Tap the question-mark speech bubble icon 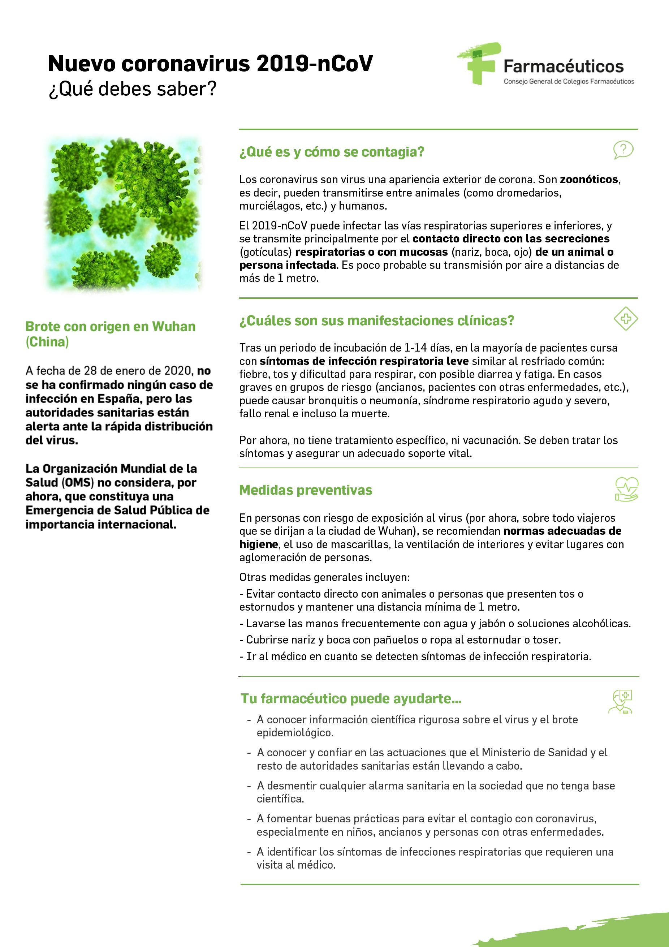coord(623,149)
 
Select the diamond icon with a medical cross coord(625,318)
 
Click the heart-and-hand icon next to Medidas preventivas coord(626,489)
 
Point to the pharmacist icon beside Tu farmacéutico coord(621,702)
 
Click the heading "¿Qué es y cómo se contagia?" coord(332,152)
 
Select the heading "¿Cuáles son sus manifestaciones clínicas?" coord(376,320)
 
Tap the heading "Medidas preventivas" coord(306,490)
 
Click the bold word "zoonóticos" coord(588,180)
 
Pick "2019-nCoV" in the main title coord(314,64)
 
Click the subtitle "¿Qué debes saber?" coord(133,89)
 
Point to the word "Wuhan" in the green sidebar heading coord(174,326)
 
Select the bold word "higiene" coord(258,544)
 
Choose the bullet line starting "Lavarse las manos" coord(435,623)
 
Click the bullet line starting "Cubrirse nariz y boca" coord(400,640)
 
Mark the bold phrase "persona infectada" coord(288,265)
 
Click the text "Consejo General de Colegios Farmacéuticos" coord(569,82)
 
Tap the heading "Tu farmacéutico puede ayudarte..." coord(351,698)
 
